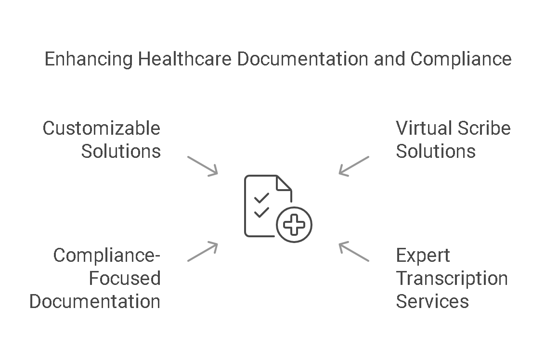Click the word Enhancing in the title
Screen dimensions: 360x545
pyautogui.click(x=88, y=59)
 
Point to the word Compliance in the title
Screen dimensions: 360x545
pyautogui.click(x=461, y=59)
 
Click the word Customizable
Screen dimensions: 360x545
pyautogui.click(x=101, y=129)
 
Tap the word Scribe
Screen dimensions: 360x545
pyautogui.click(x=484, y=129)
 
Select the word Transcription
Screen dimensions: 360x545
pyautogui.click(x=452, y=279)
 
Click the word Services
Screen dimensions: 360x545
pyautogui.click(x=432, y=301)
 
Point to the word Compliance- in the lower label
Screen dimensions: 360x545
pyautogui.click(x=106, y=256)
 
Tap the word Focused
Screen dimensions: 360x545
pyautogui.click(x=125, y=279)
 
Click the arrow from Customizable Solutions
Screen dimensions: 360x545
pyautogui.click(x=203, y=166)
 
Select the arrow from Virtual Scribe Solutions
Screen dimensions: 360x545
pyautogui.click(x=354, y=166)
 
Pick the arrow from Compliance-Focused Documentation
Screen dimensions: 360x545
pyautogui.click(x=203, y=252)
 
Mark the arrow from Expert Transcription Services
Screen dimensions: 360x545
pyautogui.click(x=354, y=252)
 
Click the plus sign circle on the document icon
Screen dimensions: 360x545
pyautogui.click(x=294, y=225)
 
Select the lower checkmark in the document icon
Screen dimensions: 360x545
pyautogui.click(x=261, y=212)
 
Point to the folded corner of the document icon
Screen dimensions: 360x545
pyautogui.click(x=284, y=183)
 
